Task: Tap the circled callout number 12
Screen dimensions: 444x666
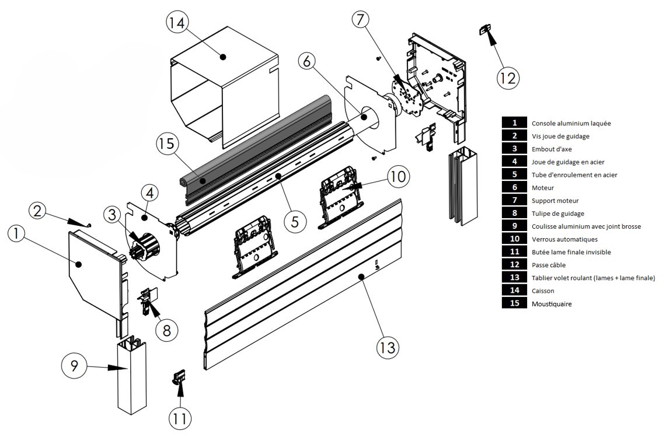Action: tap(508, 77)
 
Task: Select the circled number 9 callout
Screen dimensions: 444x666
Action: tap(75, 367)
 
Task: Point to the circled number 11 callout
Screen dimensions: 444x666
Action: tap(180, 418)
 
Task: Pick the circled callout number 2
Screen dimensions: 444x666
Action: tap(37, 211)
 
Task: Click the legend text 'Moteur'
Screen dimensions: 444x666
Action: tap(542, 188)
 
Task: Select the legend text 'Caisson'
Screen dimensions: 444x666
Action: tap(543, 291)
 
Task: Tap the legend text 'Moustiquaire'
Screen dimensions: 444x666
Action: tap(551, 303)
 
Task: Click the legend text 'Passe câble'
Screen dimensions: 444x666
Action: tap(548, 265)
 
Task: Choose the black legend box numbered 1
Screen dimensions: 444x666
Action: tap(514, 123)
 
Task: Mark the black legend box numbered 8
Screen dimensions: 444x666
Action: tap(514, 214)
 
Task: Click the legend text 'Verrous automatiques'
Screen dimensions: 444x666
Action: tap(564, 239)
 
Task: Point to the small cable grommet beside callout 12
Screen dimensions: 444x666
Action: tap(485, 29)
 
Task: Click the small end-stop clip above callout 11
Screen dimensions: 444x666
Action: tap(179, 376)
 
